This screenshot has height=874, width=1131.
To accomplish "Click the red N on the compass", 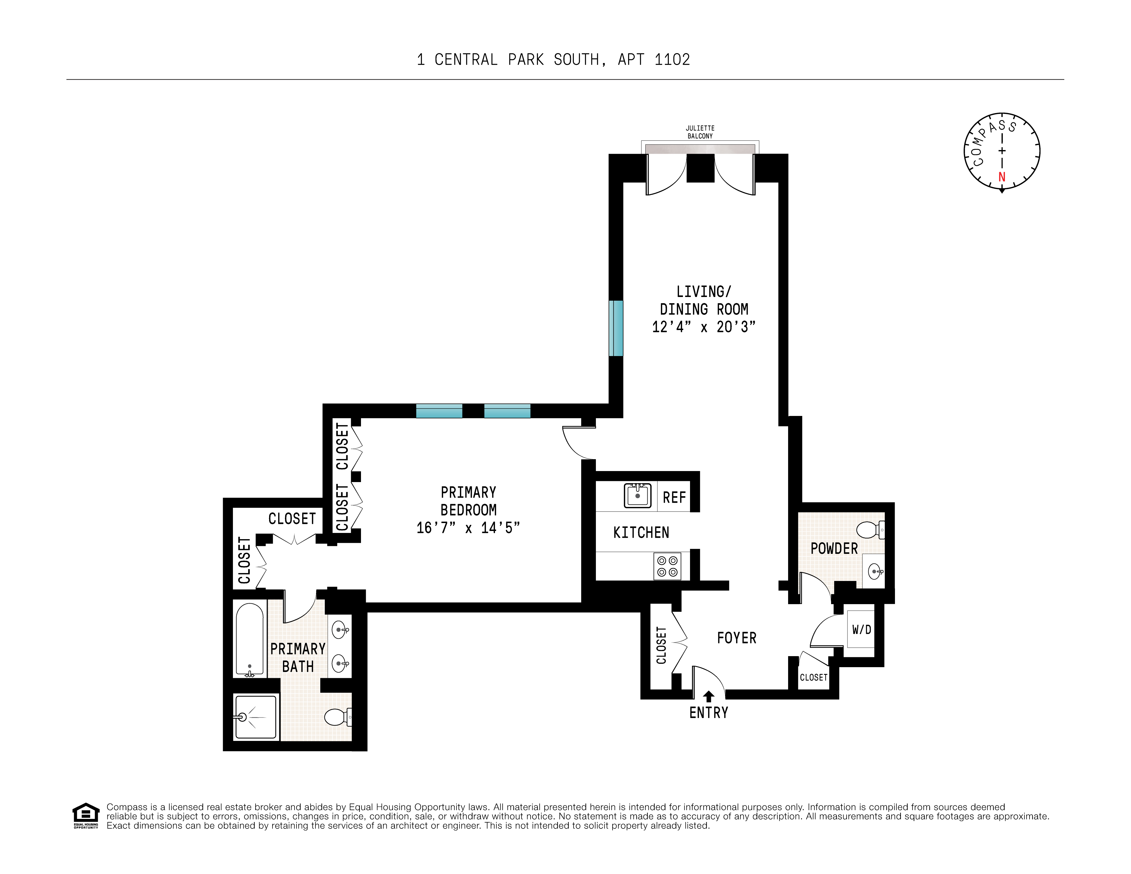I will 1002,177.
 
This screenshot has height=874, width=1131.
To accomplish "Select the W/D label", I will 862,630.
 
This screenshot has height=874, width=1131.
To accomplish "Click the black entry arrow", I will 708,697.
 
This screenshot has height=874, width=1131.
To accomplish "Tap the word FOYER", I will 736,638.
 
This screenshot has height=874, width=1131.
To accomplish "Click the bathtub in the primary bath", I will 250,639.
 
